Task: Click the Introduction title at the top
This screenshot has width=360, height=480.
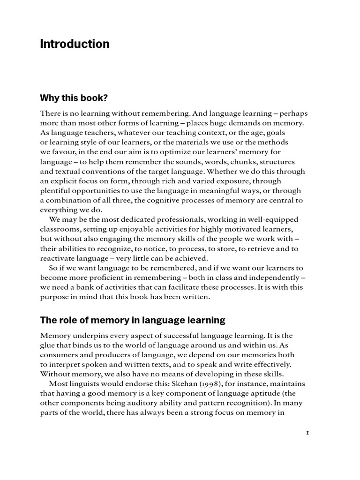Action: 75,44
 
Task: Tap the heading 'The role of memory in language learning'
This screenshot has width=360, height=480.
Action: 133,320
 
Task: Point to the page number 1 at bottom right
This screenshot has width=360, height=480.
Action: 307,433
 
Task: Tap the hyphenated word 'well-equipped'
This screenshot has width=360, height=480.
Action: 275,219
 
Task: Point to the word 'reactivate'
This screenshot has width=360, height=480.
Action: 59,258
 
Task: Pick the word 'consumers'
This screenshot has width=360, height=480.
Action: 59,355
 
